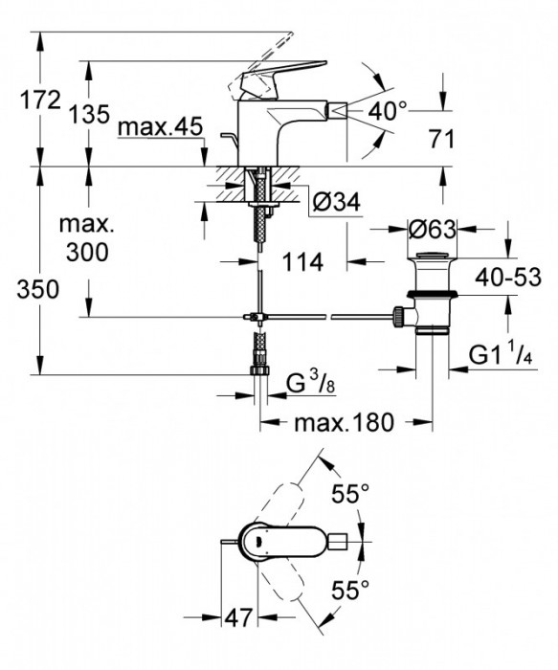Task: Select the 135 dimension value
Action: pos(89,114)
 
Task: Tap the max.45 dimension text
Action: pos(157,127)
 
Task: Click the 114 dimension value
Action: pos(303,260)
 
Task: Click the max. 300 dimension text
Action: pos(87,239)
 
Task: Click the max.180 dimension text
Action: pos(336,422)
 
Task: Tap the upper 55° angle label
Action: pos(349,495)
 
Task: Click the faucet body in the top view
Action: pos(278,543)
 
